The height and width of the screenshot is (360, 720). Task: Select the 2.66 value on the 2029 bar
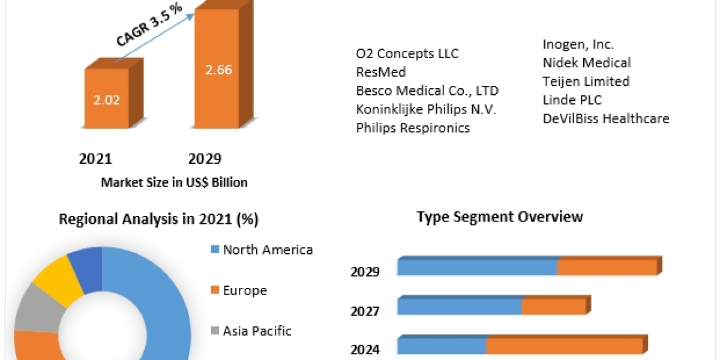point(218,70)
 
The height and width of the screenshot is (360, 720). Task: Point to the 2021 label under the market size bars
point(95,159)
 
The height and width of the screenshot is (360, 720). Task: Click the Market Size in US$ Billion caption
point(174,182)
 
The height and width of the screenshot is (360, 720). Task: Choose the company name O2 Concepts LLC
point(407,53)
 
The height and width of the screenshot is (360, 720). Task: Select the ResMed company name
point(381,72)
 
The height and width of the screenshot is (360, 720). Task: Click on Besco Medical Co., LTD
point(427,91)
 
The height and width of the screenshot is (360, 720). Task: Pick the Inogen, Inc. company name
point(578,44)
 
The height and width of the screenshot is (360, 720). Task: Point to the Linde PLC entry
point(572,100)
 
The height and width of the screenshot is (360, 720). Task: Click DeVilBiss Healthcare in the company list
point(605,118)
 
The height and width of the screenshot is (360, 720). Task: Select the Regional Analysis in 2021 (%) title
point(158,220)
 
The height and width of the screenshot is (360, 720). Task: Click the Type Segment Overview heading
point(500,217)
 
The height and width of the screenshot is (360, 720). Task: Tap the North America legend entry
point(267,250)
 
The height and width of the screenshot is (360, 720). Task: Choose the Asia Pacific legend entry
point(256,331)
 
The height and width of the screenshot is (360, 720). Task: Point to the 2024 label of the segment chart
point(365,349)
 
